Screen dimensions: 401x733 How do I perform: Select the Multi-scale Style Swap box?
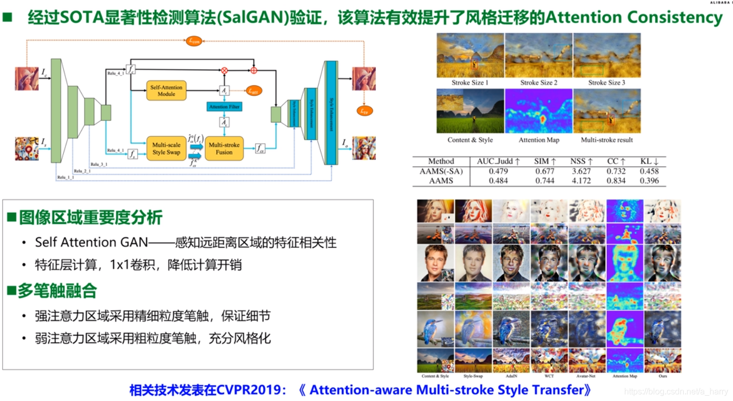(166, 148)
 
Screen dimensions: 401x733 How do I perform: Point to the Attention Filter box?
(224, 107)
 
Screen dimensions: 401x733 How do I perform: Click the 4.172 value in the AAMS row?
(581, 181)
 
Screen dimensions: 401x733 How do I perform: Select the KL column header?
(649, 162)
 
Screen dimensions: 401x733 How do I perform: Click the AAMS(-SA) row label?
(441, 171)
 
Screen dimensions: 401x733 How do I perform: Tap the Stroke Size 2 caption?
(539, 83)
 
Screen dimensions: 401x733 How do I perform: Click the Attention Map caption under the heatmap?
(539, 140)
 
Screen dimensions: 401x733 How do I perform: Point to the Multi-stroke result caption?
(607, 140)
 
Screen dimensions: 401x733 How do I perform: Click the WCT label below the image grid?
(549, 376)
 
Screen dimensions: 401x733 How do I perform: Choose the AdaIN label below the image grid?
(511, 376)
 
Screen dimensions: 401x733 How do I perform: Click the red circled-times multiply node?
(224, 70)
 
